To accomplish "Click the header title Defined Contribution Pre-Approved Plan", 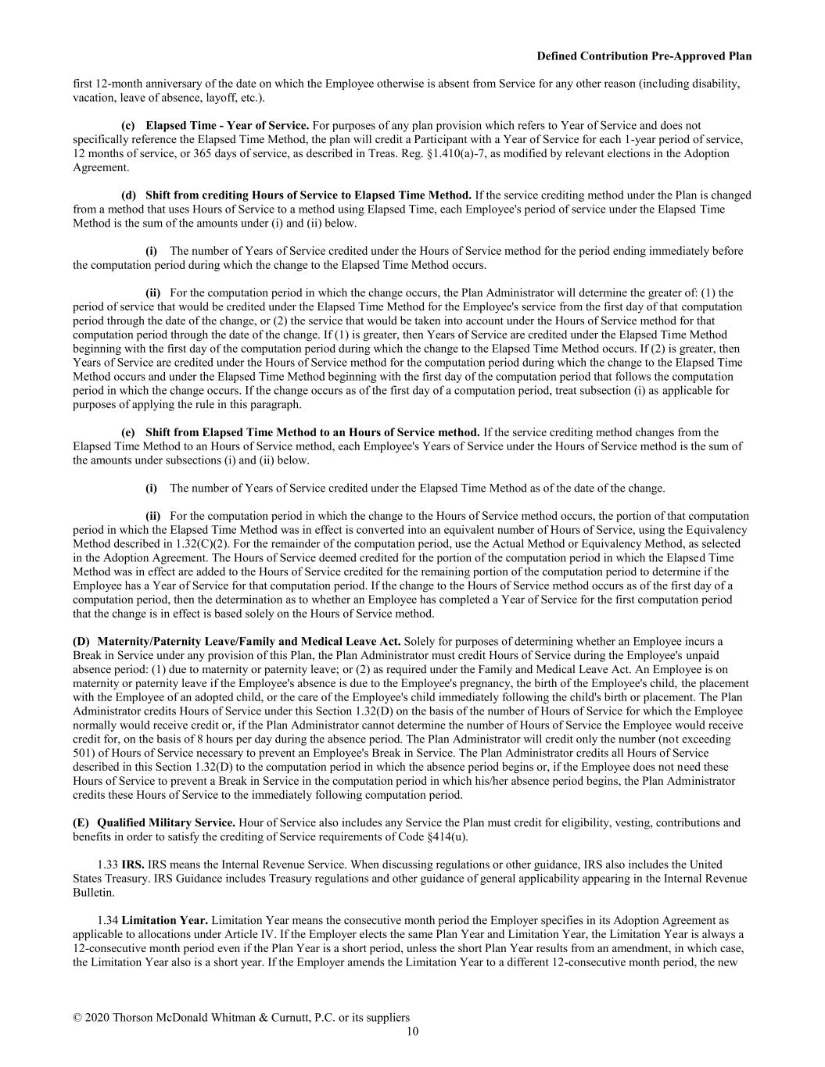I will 644,56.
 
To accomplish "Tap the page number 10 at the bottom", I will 412,1032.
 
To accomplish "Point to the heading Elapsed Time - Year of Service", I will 227,125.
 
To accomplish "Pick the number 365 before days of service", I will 173,153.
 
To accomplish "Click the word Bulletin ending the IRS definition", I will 93,893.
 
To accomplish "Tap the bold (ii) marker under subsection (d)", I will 152,293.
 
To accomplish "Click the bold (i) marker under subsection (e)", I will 151,489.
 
